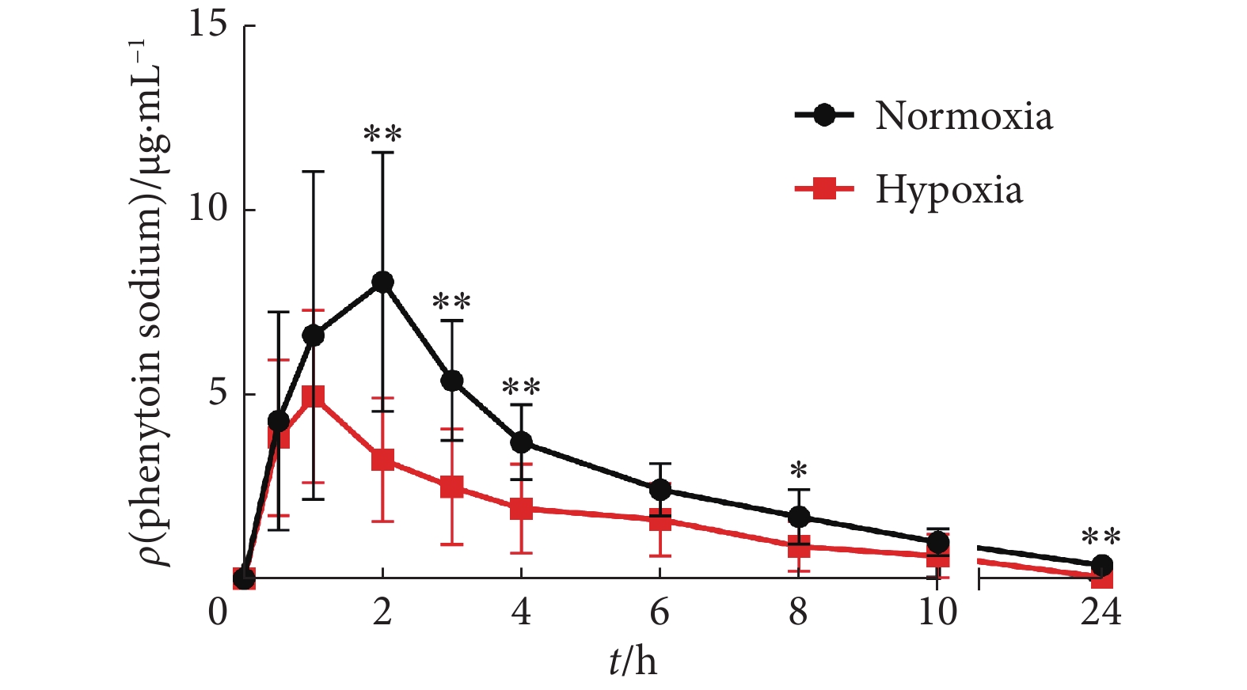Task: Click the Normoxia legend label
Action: (964, 116)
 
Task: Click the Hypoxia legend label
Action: (949, 190)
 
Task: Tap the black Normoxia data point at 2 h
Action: (382, 282)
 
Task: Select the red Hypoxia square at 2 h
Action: (382, 460)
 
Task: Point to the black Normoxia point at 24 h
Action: (1101, 565)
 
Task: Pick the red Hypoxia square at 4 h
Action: (521, 509)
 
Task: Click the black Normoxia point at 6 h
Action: (660, 491)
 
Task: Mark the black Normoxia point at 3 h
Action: (451, 381)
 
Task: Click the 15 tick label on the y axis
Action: (207, 24)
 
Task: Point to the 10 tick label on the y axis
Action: (207, 208)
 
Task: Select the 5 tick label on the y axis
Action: (218, 393)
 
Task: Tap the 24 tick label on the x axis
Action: (1101, 612)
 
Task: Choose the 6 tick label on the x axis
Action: (660, 612)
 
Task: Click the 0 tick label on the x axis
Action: (218, 612)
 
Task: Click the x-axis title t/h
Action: (633, 661)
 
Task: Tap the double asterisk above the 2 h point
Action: (382, 135)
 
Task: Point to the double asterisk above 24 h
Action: (1101, 539)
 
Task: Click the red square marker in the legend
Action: (824, 189)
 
